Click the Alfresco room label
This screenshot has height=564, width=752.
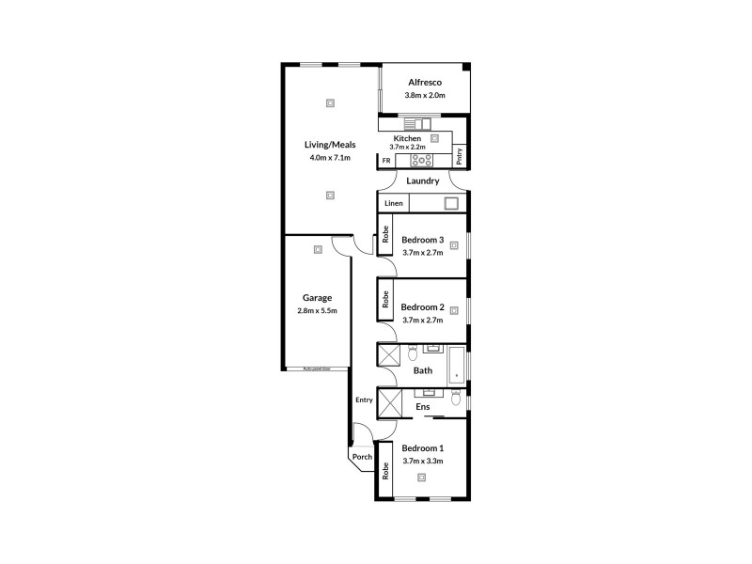425,82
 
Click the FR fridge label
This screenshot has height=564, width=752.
385,161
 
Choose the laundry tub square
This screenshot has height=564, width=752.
451,203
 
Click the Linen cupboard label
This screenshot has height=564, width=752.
394,204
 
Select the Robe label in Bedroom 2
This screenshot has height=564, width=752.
385,300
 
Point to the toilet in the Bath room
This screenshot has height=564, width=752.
412,354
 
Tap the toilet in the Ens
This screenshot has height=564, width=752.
455,399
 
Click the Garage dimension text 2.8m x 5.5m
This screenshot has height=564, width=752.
317,310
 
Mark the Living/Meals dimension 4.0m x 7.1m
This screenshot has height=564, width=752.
329,158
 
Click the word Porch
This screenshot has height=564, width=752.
362,458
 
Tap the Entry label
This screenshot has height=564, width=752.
364,399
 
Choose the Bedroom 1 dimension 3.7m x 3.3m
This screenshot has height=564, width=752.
422,461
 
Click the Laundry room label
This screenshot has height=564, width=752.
423,180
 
